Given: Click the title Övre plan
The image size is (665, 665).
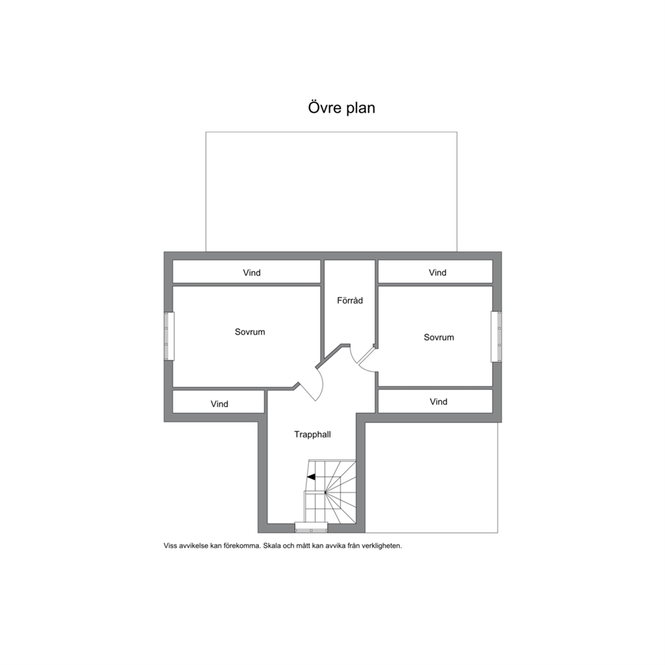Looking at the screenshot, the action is (341, 108).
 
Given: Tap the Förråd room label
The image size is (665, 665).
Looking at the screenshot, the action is (350, 300).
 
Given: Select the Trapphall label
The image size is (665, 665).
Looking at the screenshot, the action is (312, 434).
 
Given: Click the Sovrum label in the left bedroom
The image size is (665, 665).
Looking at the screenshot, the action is (250, 332).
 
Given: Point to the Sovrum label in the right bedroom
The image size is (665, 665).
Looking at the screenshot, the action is (439, 337).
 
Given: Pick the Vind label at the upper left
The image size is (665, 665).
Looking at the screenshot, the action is (251, 273).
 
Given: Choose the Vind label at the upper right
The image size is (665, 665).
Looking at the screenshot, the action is (437, 273).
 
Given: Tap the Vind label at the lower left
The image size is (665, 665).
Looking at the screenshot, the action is (219, 404).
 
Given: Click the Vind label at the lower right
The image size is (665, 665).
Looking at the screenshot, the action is (438, 402).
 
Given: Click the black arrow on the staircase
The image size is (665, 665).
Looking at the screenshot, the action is (311, 477).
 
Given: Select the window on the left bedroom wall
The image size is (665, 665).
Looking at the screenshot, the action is (169, 337).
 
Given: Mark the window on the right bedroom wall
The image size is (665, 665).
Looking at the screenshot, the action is (496, 337).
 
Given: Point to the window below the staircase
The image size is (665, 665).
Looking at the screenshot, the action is (311, 528).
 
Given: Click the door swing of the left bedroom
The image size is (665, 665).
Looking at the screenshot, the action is (321, 384).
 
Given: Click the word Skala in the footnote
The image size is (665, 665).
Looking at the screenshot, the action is (272, 546).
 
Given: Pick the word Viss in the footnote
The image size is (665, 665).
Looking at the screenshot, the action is (170, 546).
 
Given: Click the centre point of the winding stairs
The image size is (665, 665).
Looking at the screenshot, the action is (325, 493).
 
